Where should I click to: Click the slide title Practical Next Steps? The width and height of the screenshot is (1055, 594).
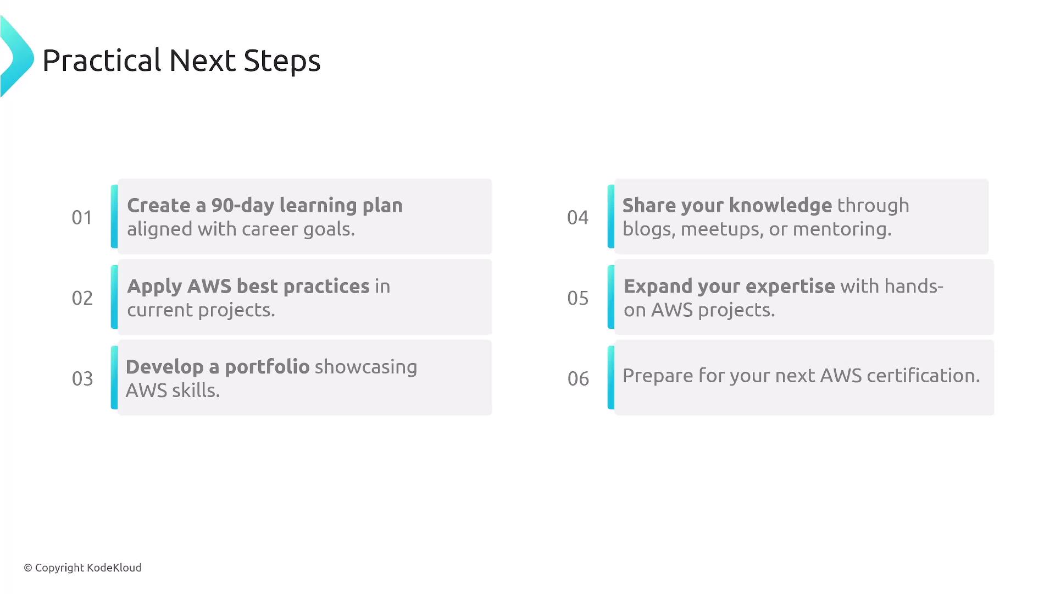(x=181, y=61)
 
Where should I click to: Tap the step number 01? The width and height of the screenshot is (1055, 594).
(x=82, y=218)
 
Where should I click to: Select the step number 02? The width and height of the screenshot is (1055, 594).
(x=82, y=298)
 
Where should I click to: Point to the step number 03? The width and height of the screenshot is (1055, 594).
(x=82, y=379)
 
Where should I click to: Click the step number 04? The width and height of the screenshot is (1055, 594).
(x=578, y=218)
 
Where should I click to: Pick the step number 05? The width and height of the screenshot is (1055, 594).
(x=578, y=298)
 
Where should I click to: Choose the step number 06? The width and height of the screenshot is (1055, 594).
(x=578, y=379)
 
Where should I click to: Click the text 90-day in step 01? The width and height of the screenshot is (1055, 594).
(x=243, y=206)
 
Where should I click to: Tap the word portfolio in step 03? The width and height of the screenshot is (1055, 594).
(x=267, y=367)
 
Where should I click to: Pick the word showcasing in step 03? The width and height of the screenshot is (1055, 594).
(x=366, y=367)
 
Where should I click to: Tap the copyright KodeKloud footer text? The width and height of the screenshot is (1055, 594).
(x=82, y=568)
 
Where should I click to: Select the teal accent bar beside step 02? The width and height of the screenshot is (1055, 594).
(x=114, y=297)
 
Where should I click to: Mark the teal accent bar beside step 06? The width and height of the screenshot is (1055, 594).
(x=611, y=377)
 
